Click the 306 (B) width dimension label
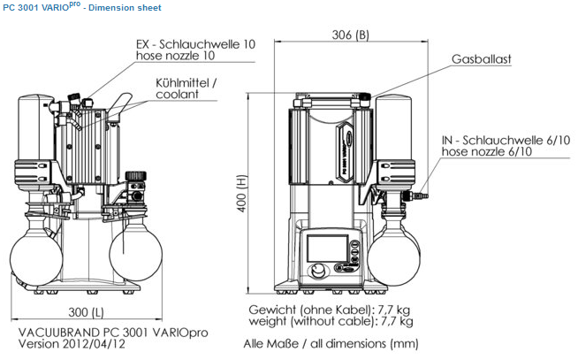(x=350, y=34)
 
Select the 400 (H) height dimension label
(x=241, y=193)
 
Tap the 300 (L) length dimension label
(x=86, y=312)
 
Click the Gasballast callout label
(x=482, y=59)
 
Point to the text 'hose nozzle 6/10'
(x=487, y=151)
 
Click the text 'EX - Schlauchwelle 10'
(x=195, y=44)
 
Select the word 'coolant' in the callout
(x=177, y=95)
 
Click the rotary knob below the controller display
(x=316, y=272)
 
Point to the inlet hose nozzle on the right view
(x=416, y=195)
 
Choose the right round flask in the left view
(x=135, y=254)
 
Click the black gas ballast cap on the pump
(x=365, y=96)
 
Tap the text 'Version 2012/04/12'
(x=72, y=344)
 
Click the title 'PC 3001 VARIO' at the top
(x=42, y=7)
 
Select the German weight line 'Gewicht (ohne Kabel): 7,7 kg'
(x=329, y=310)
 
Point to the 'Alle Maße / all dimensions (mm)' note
(x=331, y=344)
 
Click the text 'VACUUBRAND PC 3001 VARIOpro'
(x=113, y=333)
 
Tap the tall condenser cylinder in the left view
(x=36, y=127)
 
